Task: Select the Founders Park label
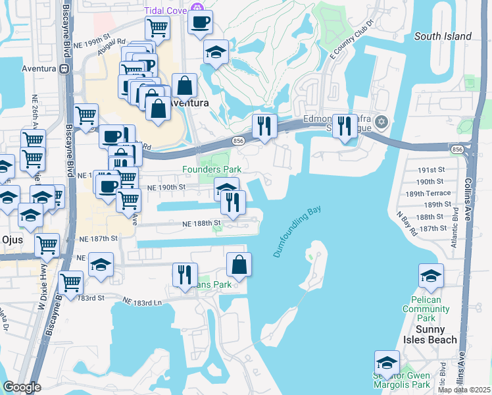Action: pyautogui.click(x=212, y=169)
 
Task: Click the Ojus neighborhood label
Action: pyautogui.click(x=11, y=240)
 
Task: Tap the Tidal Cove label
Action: pyautogui.click(x=166, y=9)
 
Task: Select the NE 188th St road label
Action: pyautogui.click(x=201, y=224)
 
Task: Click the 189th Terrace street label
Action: pyautogui.click(x=435, y=194)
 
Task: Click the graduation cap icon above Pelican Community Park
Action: pyautogui.click(x=431, y=275)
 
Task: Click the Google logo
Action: pyautogui.click(x=22, y=387)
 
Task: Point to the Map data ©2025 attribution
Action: pyautogui.click(x=464, y=390)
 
